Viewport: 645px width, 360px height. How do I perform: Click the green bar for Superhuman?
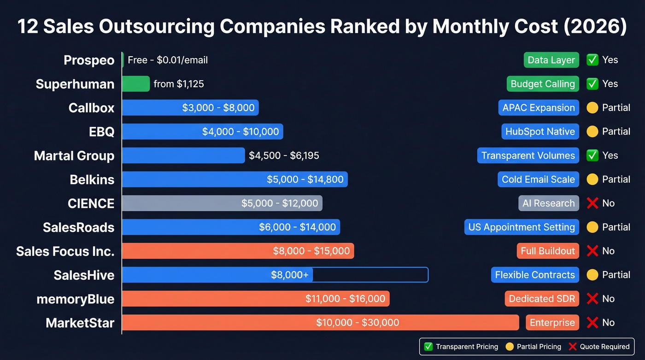136,84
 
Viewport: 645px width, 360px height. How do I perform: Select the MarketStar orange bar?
320,323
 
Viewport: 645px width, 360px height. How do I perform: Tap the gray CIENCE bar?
222,203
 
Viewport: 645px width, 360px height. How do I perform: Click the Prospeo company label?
89,60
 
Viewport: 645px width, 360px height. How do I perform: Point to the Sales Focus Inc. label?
65,251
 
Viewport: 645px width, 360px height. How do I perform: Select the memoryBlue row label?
75,299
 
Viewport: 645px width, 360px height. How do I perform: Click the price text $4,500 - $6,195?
284,155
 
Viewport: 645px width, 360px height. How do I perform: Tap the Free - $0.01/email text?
168,60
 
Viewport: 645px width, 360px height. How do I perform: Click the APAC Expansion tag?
538,108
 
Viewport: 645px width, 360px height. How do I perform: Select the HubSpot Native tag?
540,132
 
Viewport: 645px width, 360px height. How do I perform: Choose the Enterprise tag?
552,323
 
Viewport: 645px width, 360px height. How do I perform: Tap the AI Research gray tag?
548,203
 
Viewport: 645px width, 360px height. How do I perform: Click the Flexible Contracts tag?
534,275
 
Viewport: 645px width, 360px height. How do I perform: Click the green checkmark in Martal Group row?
592,155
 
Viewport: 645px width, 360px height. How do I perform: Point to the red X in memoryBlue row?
592,299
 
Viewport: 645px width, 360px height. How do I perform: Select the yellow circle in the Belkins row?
592,179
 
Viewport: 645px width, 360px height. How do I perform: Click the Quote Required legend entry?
599,347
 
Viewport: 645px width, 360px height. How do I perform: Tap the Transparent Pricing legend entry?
461,347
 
